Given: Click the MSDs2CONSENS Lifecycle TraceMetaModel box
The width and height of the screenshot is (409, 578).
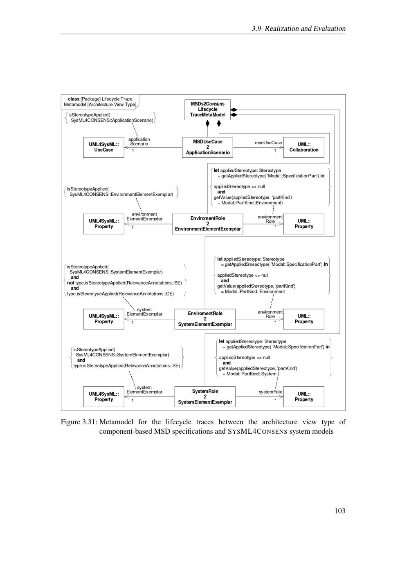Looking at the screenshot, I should tap(207, 110).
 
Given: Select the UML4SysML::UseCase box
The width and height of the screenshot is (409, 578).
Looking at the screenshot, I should tap(103, 147).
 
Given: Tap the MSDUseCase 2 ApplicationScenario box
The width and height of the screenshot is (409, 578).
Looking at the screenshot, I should tap(207, 147).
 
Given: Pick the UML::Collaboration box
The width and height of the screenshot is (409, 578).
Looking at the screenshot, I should tap(303, 147).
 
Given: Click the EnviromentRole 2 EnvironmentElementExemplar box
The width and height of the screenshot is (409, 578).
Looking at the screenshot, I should tap(207, 224).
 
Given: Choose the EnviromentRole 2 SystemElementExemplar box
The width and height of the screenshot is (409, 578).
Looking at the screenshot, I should tap(205, 319).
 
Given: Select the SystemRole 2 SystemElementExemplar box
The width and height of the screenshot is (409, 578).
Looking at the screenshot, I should tap(205, 397).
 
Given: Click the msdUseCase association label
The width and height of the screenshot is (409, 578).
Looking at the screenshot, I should tap(268, 143).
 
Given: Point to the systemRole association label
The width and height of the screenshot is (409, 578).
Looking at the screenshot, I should tap(270, 392).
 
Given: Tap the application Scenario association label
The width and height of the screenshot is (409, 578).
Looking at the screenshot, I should tap(139, 141).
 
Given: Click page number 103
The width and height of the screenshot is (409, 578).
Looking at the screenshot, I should tap(339, 511).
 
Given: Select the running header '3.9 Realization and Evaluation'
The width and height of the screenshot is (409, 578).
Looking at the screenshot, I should tap(299, 29).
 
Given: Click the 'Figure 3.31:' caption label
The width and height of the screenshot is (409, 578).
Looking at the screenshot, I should tap(79, 422).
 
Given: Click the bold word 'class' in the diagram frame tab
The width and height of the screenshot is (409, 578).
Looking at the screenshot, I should tap(74, 99).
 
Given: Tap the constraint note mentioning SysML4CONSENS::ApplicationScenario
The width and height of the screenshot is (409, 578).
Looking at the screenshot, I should tap(110, 118).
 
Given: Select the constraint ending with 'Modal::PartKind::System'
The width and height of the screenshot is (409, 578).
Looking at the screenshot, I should tap(273, 357).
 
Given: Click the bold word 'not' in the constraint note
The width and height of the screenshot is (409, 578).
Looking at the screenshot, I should tap(71, 282).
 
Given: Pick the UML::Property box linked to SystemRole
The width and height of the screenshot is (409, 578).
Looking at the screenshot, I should tap(303, 397).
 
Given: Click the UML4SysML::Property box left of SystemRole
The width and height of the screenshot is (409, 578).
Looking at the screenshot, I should tap(103, 397).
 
